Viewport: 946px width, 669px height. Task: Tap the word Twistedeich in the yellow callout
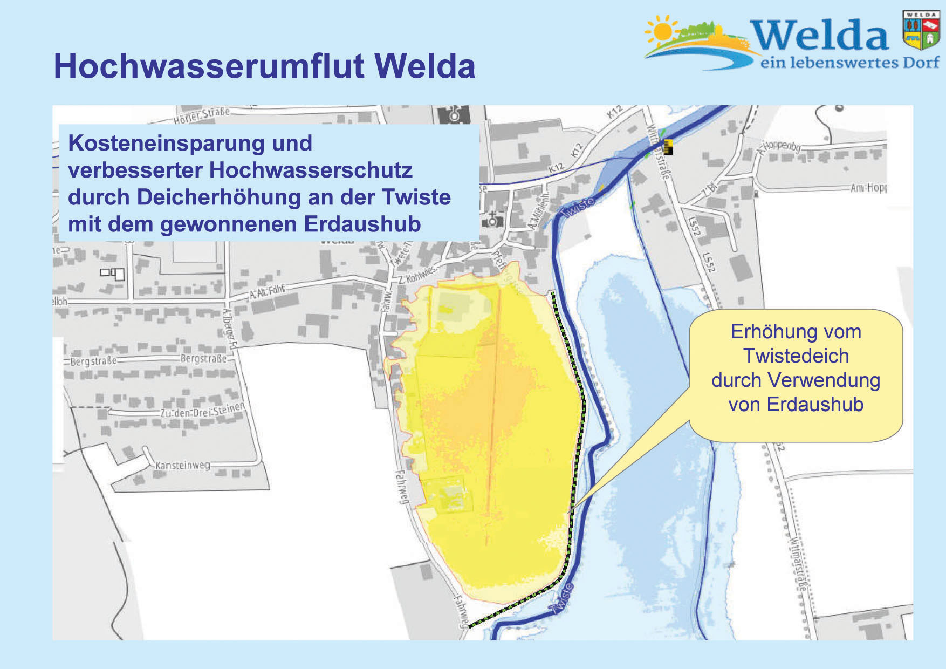(796, 356)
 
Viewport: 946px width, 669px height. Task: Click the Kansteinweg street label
(182, 465)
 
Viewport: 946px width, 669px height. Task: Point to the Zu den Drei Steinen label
(203, 411)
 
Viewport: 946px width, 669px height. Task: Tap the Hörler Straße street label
(202, 114)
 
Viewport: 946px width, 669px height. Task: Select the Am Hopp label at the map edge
(868, 188)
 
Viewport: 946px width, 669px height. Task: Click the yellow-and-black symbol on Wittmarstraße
(668, 147)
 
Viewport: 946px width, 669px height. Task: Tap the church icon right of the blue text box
(492, 220)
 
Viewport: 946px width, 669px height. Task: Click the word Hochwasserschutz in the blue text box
(311, 170)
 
